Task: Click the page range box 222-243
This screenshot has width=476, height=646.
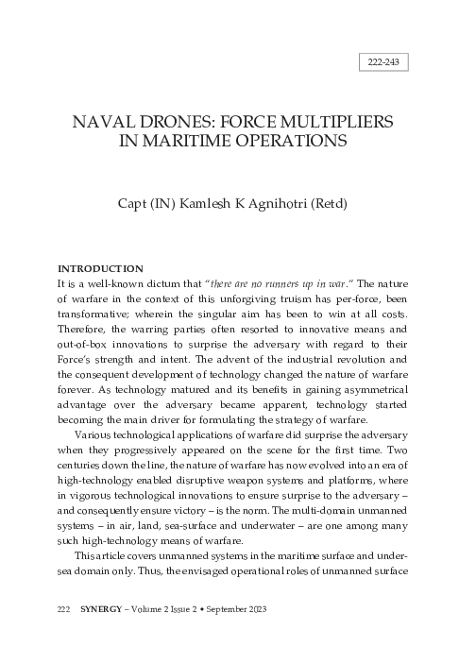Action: click(x=382, y=64)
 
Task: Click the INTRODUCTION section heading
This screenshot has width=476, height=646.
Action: click(x=100, y=268)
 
